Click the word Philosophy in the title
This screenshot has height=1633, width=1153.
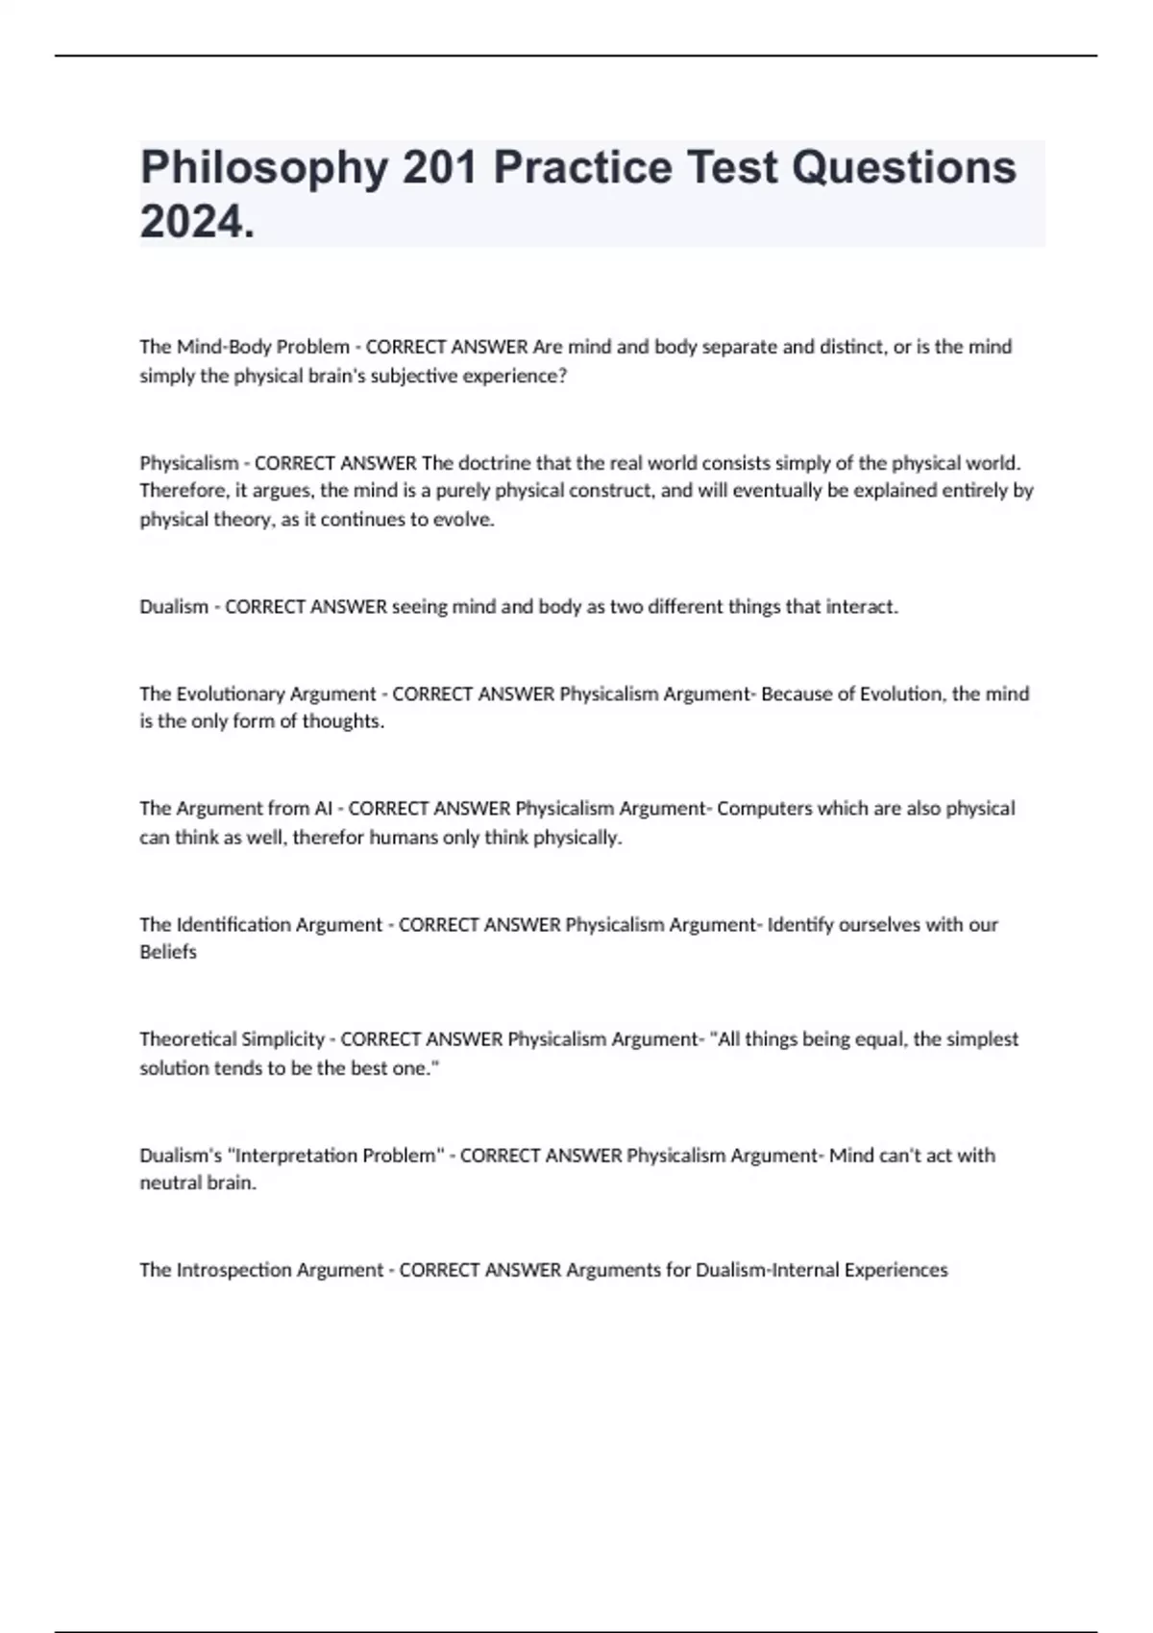[x=264, y=168]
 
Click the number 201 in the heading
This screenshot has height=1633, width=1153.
[x=440, y=168]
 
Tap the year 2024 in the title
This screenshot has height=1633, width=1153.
[x=192, y=223]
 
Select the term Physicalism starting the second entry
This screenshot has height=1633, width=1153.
[x=188, y=463]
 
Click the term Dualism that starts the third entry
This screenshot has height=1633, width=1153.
[x=174, y=607]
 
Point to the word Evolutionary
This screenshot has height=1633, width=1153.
[x=230, y=694]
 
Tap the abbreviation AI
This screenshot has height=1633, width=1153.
[x=323, y=809]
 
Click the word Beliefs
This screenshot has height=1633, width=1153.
[x=168, y=952]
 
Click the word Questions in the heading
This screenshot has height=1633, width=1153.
[x=904, y=168]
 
